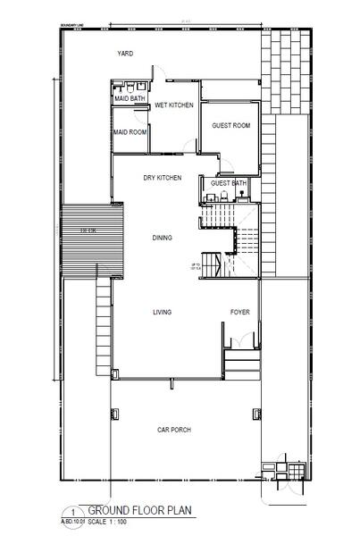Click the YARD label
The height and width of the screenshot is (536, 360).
tap(125, 54)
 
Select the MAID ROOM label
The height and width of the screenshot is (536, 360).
tap(130, 132)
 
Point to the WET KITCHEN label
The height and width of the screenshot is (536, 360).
tap(174, 105)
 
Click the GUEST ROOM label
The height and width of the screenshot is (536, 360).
tap(230, 125)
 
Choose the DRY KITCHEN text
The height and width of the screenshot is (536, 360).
tap(163, 178)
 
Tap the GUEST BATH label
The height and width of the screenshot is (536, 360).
tap(228, 183)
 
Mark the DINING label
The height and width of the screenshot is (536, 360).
tap(162, 238)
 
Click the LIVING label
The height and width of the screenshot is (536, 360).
tap(162, 312)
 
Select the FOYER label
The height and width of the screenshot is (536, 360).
tap(239, 312)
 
